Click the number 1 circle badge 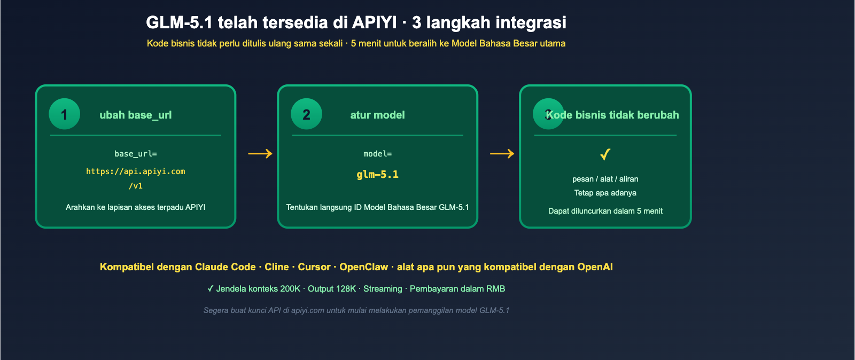click(64, 114)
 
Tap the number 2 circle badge click(306, 114)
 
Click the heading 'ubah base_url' click(135, 115)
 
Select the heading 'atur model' click(377, 115)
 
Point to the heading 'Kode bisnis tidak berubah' click(612, 115)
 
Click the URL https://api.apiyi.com click(135, 171)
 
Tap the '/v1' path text click(135, 186)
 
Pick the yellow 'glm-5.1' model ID click(377, 175)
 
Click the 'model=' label click(377, 154)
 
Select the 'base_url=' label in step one click(135, 154)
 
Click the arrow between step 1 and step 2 click(260, 154)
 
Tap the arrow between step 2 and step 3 click(502, 154)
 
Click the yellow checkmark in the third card click(605, 154)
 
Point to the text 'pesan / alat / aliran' click(605, 179)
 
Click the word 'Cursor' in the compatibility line click(314, 267)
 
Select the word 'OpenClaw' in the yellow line click(363, 267)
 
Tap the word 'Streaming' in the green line click(383, 289)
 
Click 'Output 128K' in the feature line click(332, 289)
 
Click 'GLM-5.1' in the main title click(179, 22)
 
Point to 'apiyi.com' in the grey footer click(307, 310)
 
